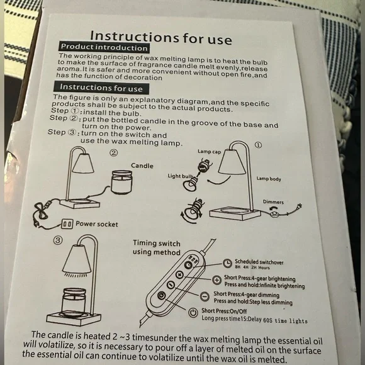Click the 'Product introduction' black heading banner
click(x=104, y=47)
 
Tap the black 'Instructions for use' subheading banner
click(x=101, y=87)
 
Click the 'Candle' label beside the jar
click(x=142, y=166)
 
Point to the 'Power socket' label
click(x=97, y=224)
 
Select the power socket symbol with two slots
click(x=67, y=224)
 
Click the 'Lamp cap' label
click(x=210, y=152)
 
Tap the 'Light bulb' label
click(x=180, y=176)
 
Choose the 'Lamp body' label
click(x=269, y=179)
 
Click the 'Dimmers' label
click(x=273, y=202)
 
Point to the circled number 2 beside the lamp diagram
click(x=114, y=153)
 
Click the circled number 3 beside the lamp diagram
click(x=58, y=240)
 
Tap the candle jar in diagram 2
click(x=121, y=182)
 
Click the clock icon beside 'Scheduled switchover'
click(x=227, y=263)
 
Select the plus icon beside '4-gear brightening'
click(x=216, y=280)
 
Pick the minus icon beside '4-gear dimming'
click(x=205, y=296)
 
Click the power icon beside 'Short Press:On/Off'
click(x=193, y=312)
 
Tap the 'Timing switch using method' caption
click(x=157, y=248)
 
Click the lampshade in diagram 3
click(x=77, y=259)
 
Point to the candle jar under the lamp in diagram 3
click(x=74, y=303)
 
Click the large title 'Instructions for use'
click(x=161, y=37)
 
